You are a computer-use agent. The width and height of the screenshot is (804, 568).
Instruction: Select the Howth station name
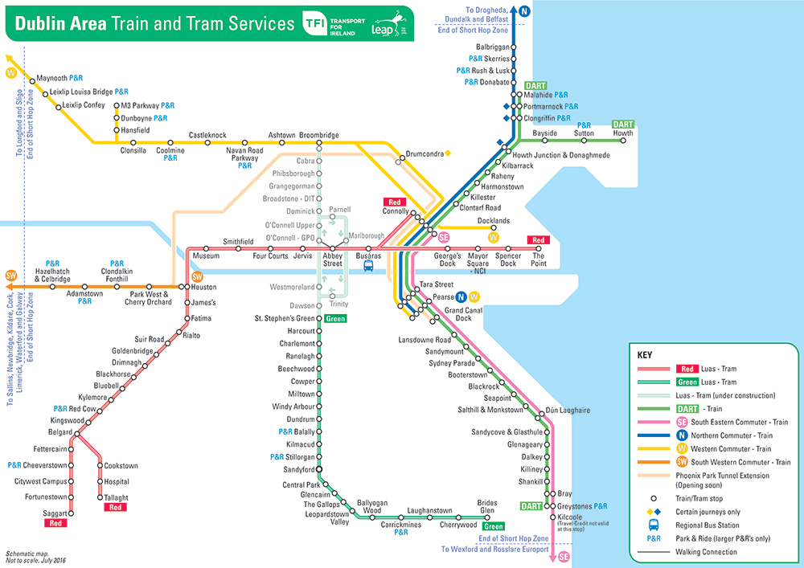coord(623,133)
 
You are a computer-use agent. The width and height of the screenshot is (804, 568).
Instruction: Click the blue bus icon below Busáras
coord(369,266)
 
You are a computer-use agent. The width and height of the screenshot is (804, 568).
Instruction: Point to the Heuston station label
coord(204,287)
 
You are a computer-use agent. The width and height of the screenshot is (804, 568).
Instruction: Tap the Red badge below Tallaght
coord(116,508)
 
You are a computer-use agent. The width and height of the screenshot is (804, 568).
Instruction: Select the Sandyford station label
coord(299,469)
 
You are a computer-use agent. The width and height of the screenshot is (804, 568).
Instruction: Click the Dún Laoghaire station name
coord(568,410)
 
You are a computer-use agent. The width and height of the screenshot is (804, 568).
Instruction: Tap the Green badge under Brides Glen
coord(493,527)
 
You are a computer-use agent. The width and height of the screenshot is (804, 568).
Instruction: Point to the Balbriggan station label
coord(493,47)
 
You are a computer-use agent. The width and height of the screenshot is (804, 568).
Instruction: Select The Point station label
coord(538,259)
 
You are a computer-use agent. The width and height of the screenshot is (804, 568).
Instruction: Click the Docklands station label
coord(494,221)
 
